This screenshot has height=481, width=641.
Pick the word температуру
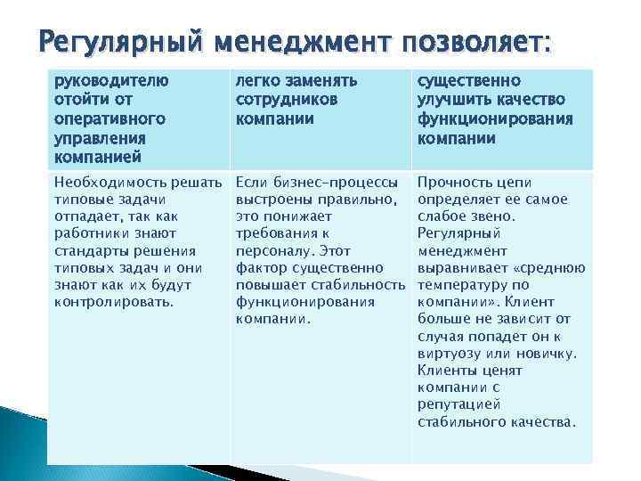click(466, 285)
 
